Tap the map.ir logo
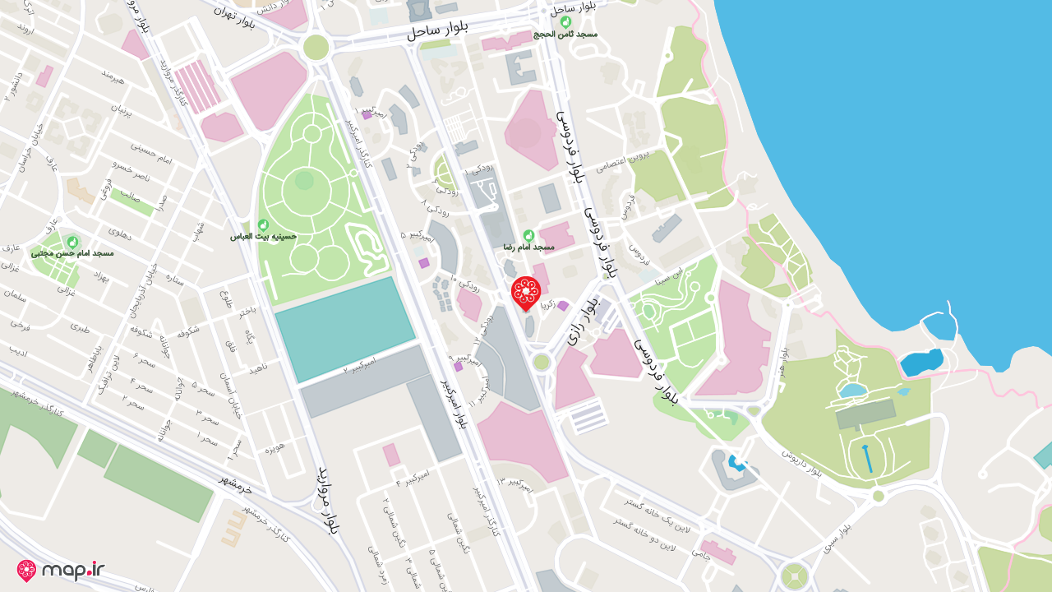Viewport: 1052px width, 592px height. pyautogui.click(x=62, y=570)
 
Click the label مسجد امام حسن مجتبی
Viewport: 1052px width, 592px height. pyautogui.click(x=72, y=253)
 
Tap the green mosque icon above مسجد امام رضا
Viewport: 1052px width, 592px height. pyautogui.click(x=528, y=235)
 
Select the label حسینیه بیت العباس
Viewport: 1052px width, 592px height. pyautogui.click(x=262, y=236)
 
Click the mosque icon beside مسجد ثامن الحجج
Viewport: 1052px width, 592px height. pyautogui.click(x=565, y=22)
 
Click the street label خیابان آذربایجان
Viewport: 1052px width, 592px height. pyautogui.click(x=155, y=290)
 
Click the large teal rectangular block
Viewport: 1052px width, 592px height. pyautogui.click(x=344, y=328)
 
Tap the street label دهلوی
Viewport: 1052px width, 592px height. pyautogui.click(x=120, y=234)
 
